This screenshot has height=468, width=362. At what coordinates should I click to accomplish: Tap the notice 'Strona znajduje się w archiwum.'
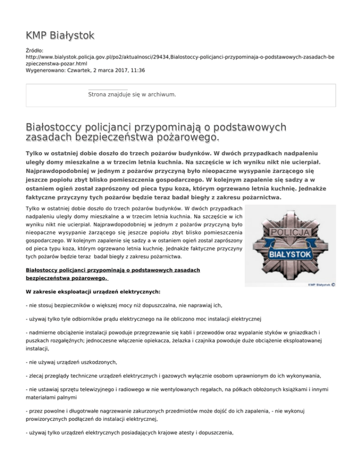click(132, 95)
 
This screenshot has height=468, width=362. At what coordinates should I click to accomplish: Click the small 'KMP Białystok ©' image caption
click(321, 284)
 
